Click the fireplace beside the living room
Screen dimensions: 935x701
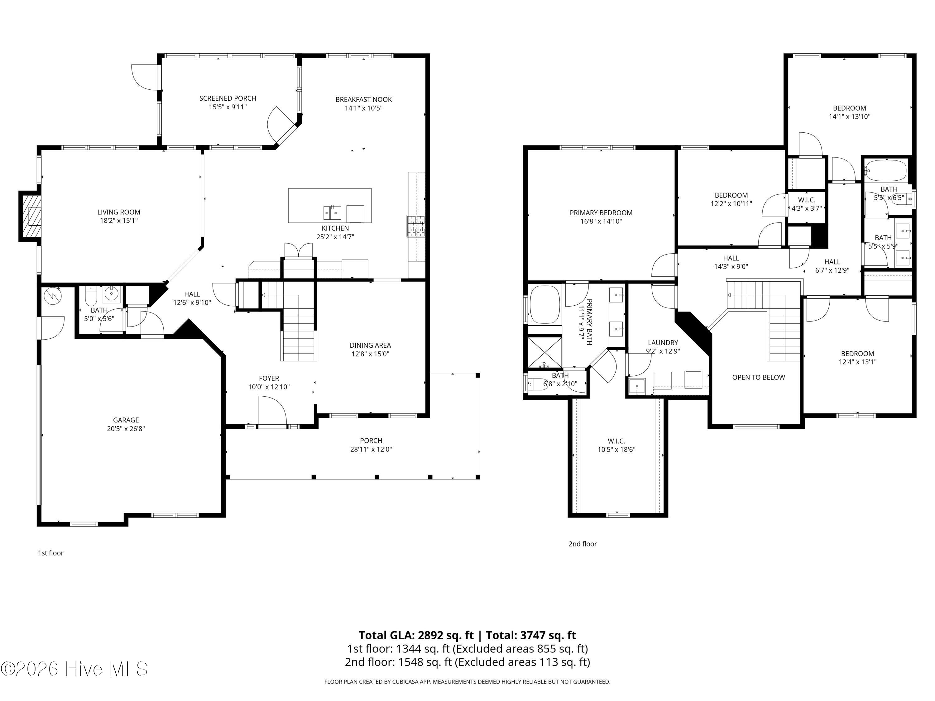click(x=31, y=216)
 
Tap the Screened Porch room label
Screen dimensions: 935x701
click(x=228, y=98)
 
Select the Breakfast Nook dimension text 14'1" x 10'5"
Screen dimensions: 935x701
click(x=363, y=108)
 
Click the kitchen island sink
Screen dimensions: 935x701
click(x=333, y=212)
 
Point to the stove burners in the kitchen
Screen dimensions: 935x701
click(x=416, y=226)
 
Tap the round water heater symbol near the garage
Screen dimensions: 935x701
click(x=53, y=295)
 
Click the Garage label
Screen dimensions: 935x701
click(x=126, y=420)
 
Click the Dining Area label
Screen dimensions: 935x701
click(x=370, y=345)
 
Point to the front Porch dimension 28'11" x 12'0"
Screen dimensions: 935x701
click(x=371, y=449)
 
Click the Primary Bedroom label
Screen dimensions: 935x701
click(x=601, y=213)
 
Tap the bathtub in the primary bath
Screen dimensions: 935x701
click(x=544, y=305)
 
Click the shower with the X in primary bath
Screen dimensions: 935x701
click(x=545, y=351)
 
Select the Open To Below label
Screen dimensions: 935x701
click(x=758, y=377)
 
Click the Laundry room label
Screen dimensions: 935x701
click(x=663, y=343)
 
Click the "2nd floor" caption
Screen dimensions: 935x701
click(x=583, y=544)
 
